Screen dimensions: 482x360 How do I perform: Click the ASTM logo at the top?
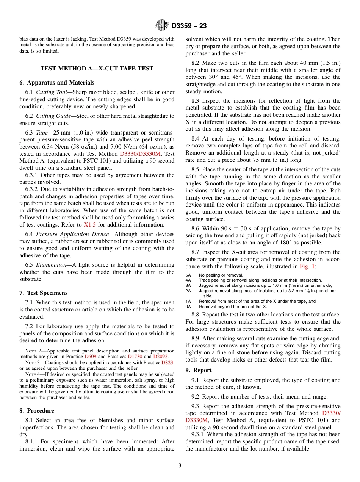(162, 26)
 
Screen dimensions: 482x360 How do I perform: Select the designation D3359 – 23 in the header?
(189, 26)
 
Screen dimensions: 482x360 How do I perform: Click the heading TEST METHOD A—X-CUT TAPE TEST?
(97, 69)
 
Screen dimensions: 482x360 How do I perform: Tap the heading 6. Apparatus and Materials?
(57, 83)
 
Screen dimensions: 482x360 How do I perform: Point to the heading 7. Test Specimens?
(44, 293)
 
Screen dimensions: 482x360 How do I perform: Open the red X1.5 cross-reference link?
(90, 225)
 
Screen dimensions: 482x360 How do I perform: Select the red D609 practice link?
(90, 357)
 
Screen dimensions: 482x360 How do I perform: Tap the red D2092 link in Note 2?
(160, 357)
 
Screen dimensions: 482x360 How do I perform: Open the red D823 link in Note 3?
(168, 363)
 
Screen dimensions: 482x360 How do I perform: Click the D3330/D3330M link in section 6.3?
(140, 154)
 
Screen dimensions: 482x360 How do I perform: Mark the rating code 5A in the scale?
(188, 275)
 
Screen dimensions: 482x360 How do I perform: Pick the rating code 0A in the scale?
(188, 307)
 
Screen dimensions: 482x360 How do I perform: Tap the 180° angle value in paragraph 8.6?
(288, 243)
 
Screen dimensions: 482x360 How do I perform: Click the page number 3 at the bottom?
(180, 466)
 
